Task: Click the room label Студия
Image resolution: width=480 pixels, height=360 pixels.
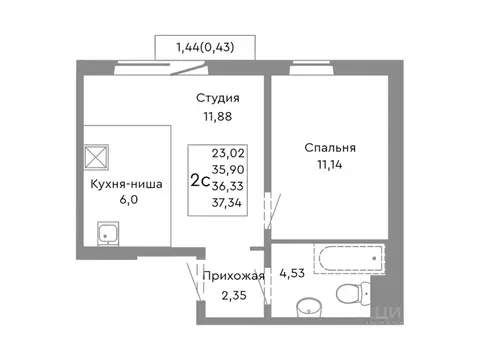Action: (217, 98)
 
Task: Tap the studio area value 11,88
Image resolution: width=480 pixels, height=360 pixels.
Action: (217, 118)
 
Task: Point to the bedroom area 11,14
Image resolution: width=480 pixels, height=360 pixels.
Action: (331, 167)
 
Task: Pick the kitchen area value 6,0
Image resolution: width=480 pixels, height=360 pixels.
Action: (126, 204)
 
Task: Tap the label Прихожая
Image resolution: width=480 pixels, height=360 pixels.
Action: (233, 276)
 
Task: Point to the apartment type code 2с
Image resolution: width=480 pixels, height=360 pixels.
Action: (200, 181)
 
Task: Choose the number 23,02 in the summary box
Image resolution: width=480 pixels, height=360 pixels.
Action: (228, 154)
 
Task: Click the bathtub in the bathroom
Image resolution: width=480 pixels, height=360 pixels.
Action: (348, 259)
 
